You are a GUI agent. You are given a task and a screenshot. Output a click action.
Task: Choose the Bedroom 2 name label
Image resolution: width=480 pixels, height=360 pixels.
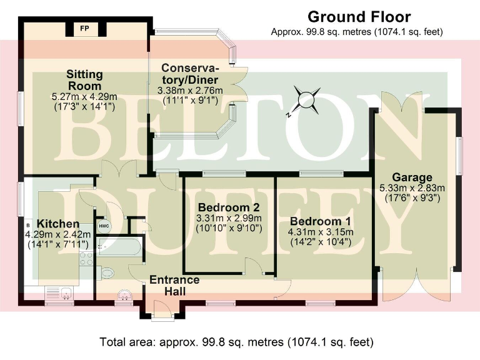point(228,207)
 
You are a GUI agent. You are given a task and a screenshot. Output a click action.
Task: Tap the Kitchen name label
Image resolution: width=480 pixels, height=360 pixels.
point(57,224)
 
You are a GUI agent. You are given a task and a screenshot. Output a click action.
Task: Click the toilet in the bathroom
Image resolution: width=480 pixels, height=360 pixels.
point(106,272)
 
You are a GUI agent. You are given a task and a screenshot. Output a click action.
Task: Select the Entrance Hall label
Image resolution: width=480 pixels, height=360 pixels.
point(174,285)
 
